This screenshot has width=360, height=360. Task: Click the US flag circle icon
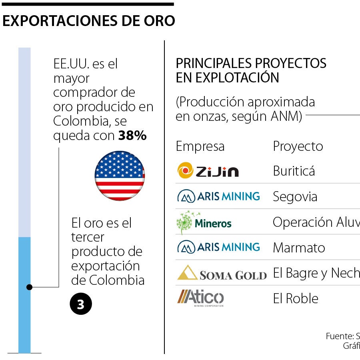pyautogui.click(x=120, y=176)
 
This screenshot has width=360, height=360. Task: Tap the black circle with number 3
pyautogui.click(x=81, y=304)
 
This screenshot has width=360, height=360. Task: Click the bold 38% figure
pyautogui.click(x=132, y=136)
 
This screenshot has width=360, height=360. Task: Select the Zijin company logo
pyautogui.click(x=208, y=171)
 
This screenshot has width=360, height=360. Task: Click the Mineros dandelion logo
pyautogui.click(x=204, y=222)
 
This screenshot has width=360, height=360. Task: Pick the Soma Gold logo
pyautogui.click(x=222, y=274)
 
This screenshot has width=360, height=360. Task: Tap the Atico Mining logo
pyautogui.click(x=200, y=298)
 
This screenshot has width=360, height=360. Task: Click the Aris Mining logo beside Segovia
pyautogui.click(x=218, y=196)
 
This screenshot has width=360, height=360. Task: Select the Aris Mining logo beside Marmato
pyautogui.click(x=218, y=247)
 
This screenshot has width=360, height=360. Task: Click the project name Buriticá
pyautogui.click(x=294, y=171)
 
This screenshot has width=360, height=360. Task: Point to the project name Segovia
pyautogui.click(x=295, y=197)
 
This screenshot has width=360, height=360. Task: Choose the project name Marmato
pyautogui.click(x=299, y=248)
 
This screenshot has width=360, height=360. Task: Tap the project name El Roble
pyautogui.click(x=296, y=299)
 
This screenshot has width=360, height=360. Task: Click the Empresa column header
pyautogui.click(x=200, y=146)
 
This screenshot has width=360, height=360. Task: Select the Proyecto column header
pyautogui.click(x=298, y=146)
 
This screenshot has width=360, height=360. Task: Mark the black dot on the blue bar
pyautogui.click(x=29, y=287)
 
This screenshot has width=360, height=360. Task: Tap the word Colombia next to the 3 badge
pyautogui.click(x=117, y=280)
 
